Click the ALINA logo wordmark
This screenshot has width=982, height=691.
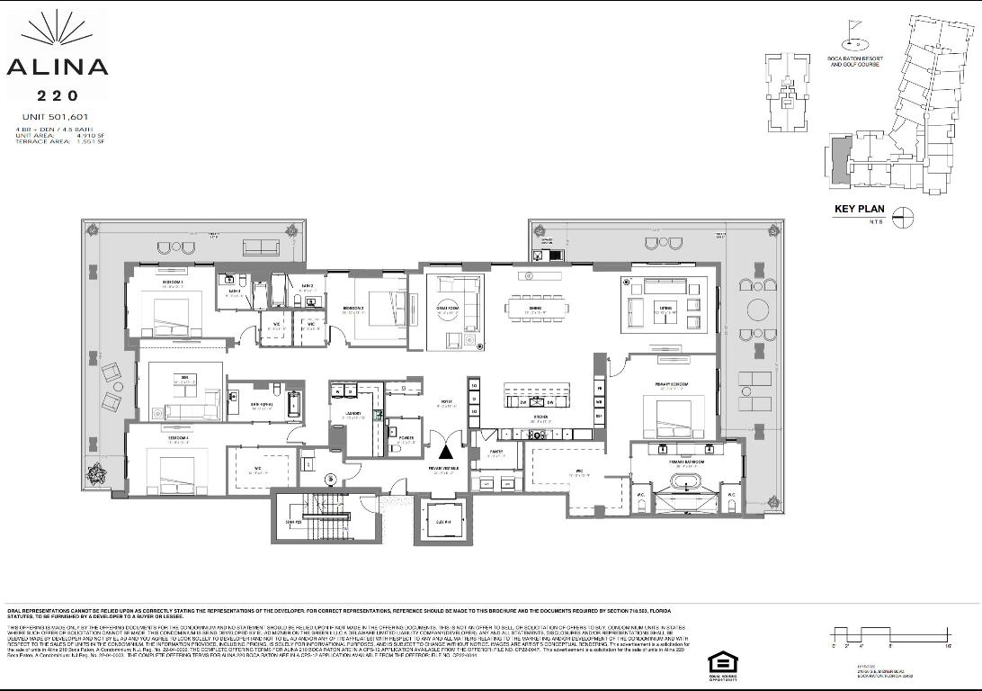point(57,67)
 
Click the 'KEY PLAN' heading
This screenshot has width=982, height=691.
point(860,209)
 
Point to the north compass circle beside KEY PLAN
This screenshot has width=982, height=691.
point(903,216)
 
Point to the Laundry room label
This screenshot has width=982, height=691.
point(351,414)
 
